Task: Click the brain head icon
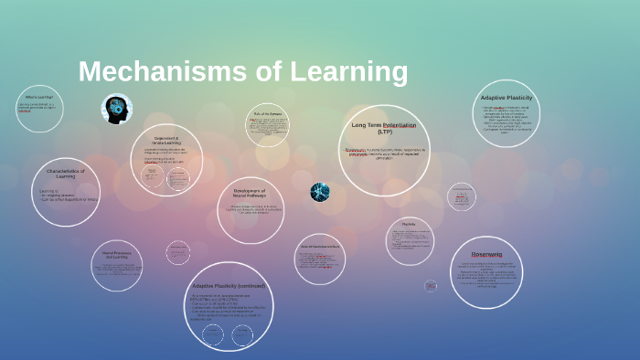116,110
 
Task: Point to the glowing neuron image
319,192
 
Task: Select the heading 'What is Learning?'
38,97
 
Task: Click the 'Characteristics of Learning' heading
65,174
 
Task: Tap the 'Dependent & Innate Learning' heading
167,141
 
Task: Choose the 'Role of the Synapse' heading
268,113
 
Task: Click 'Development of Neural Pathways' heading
250,193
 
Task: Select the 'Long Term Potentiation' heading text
384,124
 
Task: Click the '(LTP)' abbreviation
384,132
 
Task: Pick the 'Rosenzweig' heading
486,253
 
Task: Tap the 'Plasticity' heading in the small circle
409,224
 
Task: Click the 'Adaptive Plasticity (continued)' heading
228,285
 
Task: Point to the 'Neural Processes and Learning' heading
116,255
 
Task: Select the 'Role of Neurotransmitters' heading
320,247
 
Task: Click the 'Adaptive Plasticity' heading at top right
506,97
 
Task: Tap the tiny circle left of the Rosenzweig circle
431,285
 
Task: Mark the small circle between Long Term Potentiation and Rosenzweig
461,196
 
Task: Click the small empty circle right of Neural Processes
178,252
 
